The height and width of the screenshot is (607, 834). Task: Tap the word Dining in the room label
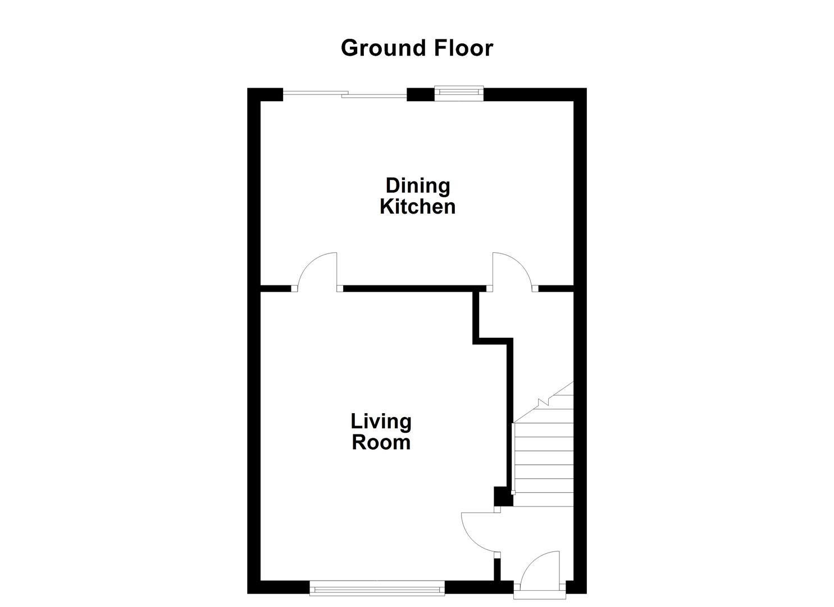coord(417,185)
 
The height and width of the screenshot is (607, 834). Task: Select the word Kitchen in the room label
coord(417,207)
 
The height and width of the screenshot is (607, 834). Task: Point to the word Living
coord(381,421)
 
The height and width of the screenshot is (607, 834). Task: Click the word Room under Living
coord(381,442)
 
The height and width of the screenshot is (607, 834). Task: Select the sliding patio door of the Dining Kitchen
coord(344,95)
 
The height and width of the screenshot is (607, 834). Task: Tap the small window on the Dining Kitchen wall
coord(459,93)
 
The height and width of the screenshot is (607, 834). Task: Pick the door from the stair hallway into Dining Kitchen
coord(511,273)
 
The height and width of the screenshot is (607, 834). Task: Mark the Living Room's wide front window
coord(377,589)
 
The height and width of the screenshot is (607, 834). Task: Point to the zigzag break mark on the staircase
coord(543,402)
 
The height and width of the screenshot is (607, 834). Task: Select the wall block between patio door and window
coord(420,94)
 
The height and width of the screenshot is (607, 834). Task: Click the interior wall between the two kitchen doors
coord(413,288)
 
